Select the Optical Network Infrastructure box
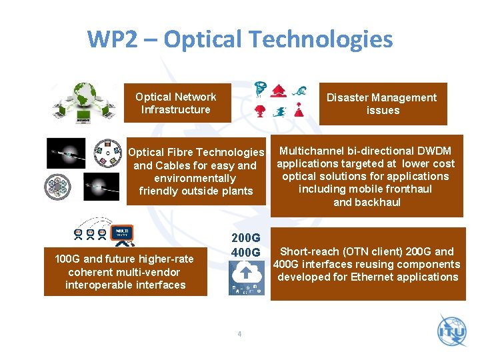click(176, 103)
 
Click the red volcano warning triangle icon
click(299, 110)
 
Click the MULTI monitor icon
click(123, 234)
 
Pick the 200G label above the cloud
click(245, 238)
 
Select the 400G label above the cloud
click(245, 253)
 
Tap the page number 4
click(240, 333)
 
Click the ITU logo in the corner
click(453, 332)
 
